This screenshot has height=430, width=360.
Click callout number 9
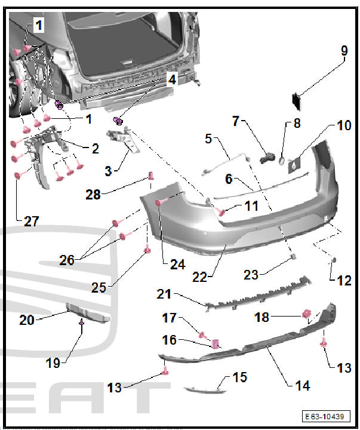pyautogui.click(x=344, y=51)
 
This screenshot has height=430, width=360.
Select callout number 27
pyautogui.click(x=31, y=222)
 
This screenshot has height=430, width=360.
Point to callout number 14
pyautogui.click(x=302, y=385)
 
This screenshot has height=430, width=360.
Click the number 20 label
pyautogui.click(x=26, y=320)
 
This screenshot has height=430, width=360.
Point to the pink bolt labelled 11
pyautogui.click(x=221, y=211)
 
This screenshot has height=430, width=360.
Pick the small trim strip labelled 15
pyautogui.click(x=205, y=391)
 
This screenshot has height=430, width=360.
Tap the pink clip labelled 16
pyautogui.click(x=217, y=343)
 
